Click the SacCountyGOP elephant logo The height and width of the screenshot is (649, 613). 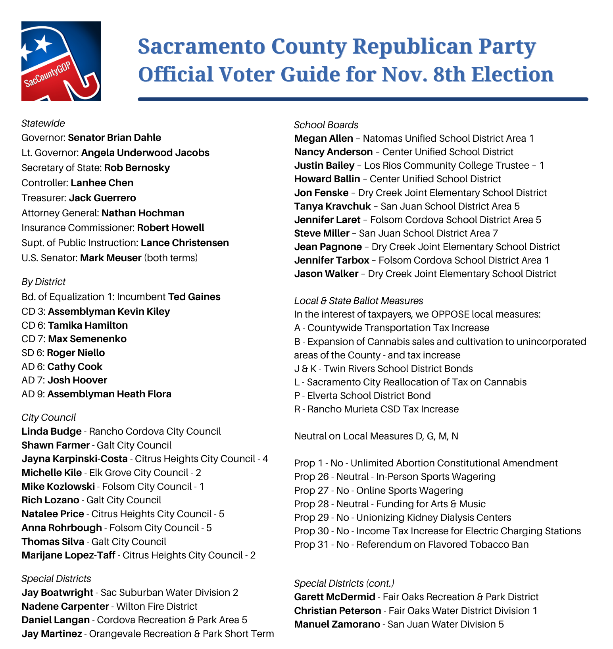pos(61,61)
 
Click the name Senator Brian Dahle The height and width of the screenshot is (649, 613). pos(114,138)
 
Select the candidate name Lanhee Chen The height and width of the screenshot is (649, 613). pos(102,183)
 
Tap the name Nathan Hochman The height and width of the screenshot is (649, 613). pos(143,213)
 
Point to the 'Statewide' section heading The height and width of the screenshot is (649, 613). pos(43,123)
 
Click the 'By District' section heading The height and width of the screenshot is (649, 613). pos(43,282)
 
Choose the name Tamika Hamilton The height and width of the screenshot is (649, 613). pos(88,325)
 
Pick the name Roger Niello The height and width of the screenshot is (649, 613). pos(76,353)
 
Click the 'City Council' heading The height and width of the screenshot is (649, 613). pos(48,418)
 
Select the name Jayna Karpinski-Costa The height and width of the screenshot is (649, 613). pos(75,459)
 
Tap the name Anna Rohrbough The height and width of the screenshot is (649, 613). pos(61,528)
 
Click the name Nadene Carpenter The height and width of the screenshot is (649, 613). pos(65,607)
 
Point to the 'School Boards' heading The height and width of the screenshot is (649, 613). pos(326,125)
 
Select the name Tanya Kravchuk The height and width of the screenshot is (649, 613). pos(332,206)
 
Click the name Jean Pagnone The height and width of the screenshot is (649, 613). pos(328,247)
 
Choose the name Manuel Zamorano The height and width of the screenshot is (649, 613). pos(337,624)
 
